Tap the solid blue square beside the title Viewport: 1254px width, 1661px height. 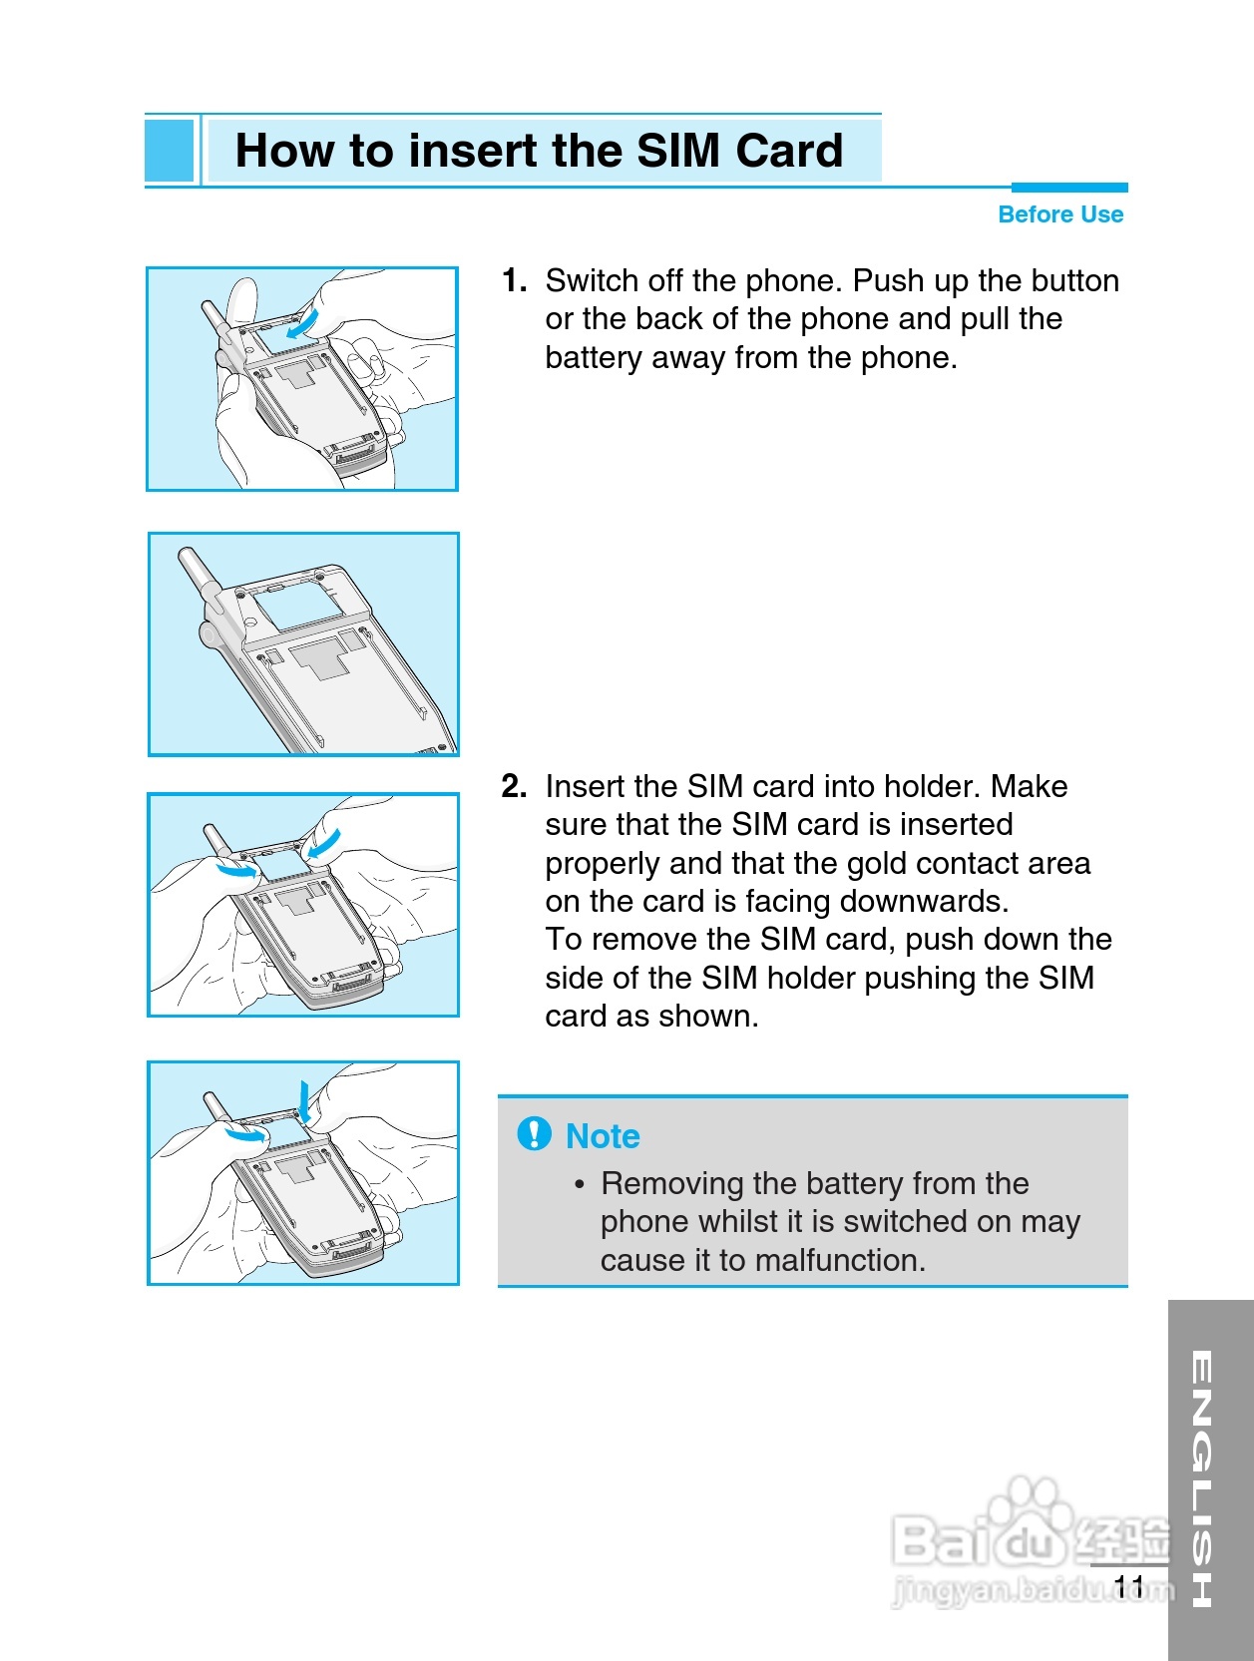click(x=169, y=151)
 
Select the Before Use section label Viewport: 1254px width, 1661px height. click(x=1060, y=214)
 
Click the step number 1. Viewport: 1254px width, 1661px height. click(x=514, y=280)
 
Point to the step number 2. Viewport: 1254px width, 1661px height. click(x=514, y=787)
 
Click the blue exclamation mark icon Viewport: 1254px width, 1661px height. click(x=535, y=1134)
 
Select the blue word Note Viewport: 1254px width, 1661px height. click(x=604, y=1136)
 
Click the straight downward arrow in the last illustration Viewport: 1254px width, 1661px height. click(x=304, y=1102)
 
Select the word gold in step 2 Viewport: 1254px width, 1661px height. click(x=879, y=864)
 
